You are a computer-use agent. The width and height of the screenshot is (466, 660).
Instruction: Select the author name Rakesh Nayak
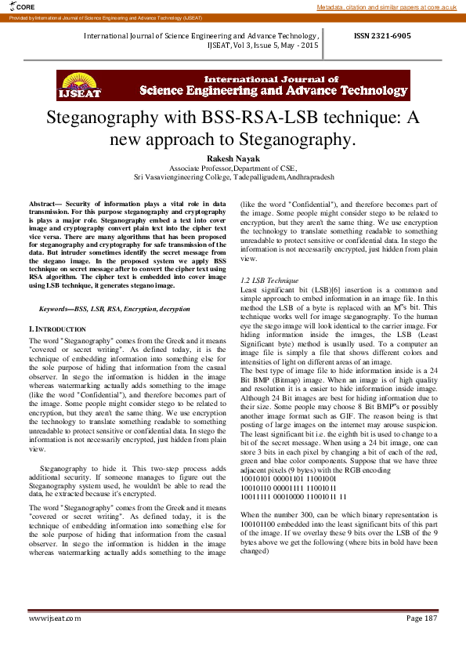233,159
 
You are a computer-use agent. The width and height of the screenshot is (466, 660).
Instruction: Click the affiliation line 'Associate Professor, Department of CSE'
233,169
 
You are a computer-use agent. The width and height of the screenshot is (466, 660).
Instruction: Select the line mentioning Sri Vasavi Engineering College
233,177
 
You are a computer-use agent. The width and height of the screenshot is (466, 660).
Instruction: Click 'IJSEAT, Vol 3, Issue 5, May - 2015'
262,46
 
